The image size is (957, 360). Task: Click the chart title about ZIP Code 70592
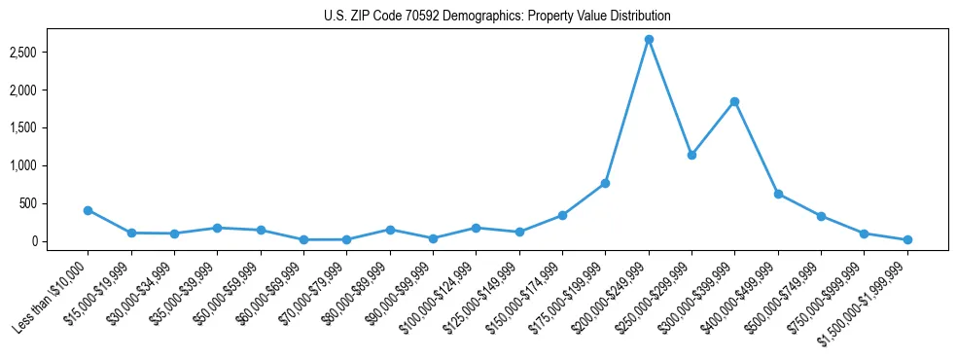pos(497,16)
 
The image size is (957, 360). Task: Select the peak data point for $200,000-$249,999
pos(649,40)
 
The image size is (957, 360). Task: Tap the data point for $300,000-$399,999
pos(734,101)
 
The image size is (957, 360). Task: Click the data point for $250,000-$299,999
pos(691,155)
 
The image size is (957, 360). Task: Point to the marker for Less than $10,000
pos(88,210)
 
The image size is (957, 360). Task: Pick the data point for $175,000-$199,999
pos(605,183)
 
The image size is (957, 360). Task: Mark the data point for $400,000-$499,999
pos(778,194)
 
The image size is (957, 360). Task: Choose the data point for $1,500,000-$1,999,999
pos(907,239)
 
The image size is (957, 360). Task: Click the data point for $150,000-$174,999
pos(562,215)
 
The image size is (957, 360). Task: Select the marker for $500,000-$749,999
pos(821,216)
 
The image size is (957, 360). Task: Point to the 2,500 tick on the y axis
pos(49,52)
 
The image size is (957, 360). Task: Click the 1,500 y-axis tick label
pos(49,127)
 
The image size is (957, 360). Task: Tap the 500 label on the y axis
pos(54,203)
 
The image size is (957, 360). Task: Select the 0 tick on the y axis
pos(60,241)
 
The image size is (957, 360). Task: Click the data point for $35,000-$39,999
pos(217,228)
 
